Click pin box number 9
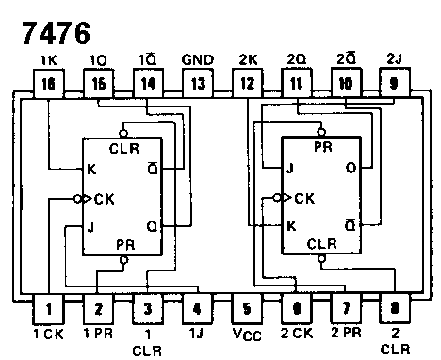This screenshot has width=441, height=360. click(391, 84)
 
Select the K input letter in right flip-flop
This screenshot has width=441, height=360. click(292, 226)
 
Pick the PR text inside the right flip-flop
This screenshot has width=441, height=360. click(321, 148)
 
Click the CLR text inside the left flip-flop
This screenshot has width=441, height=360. click(122, 148)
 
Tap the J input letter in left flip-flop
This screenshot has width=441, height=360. click(90, 226)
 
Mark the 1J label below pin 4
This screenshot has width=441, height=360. click(195, 333)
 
